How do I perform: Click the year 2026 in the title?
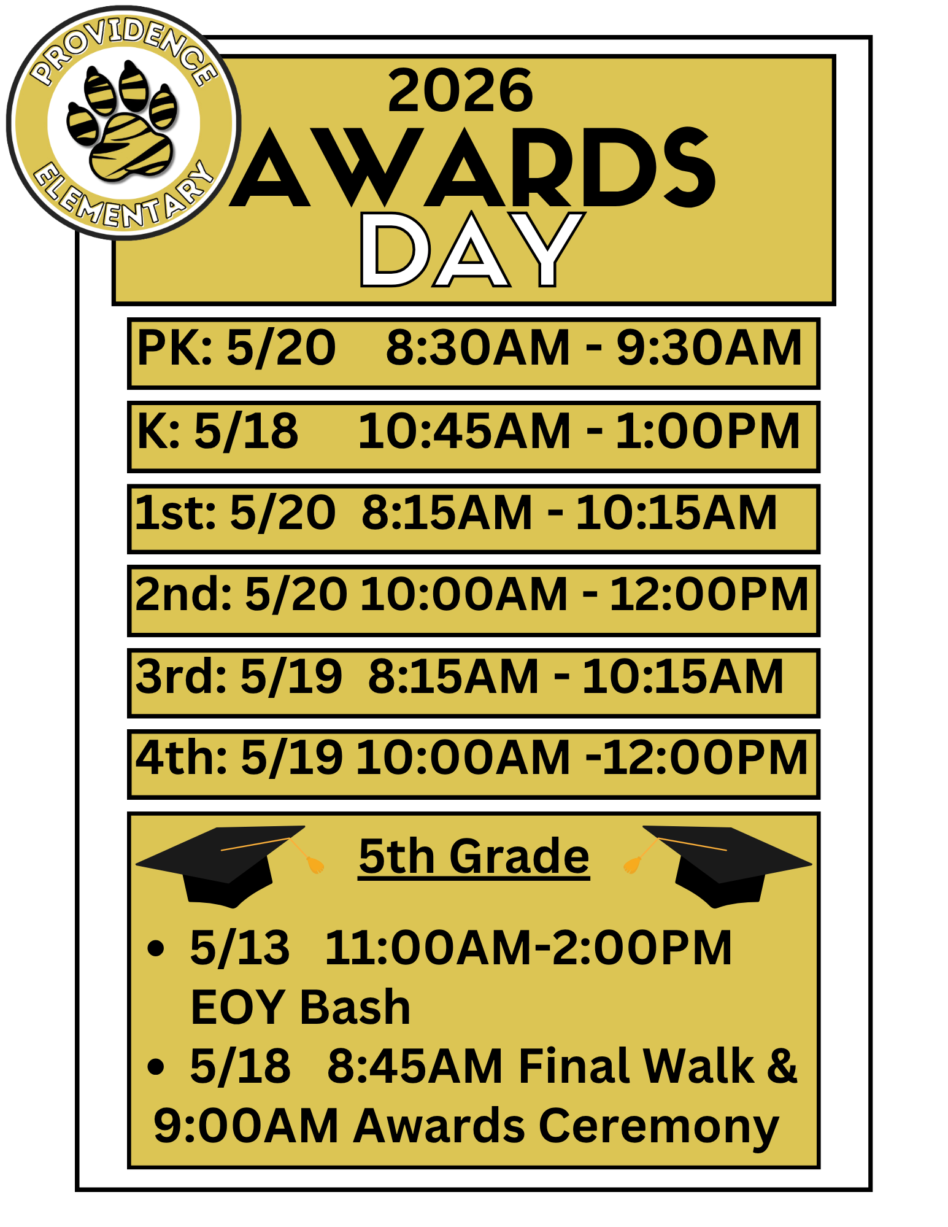point(460,91)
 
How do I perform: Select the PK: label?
point(174,348)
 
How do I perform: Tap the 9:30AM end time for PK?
point(709,348)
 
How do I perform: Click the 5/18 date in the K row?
point(246,431)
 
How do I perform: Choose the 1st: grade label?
point(175,513)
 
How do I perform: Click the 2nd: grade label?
point(183,594)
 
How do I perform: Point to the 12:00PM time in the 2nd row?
point(709,594)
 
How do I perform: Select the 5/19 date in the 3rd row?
point(291,676)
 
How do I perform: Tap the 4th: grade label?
point(181,757)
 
